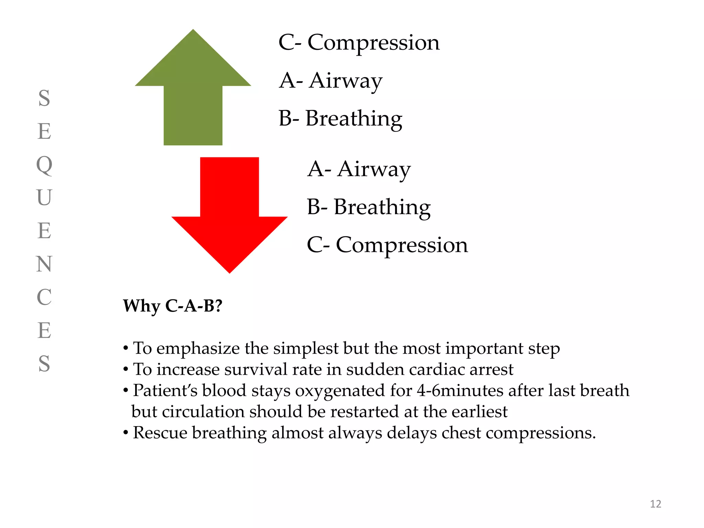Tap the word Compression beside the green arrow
pos(373,43)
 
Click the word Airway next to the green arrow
pos(345,81)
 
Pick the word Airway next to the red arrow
pos(374,169)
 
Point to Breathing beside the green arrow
pos(354,119)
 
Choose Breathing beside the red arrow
pos(382,207)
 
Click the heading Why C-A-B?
pos(173,306)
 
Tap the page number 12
pos(655,504)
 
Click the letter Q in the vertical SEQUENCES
pos(44,165)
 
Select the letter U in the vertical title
pos(44,198)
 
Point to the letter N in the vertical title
pos(44,264)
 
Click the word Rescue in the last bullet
pos(160,433)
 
